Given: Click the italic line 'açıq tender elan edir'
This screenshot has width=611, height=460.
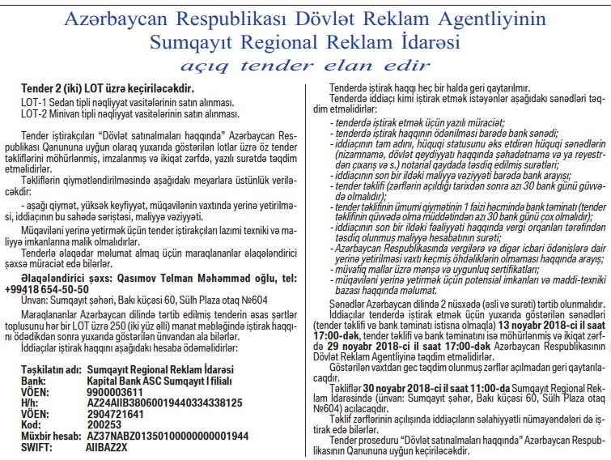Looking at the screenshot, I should pos(305,65).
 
